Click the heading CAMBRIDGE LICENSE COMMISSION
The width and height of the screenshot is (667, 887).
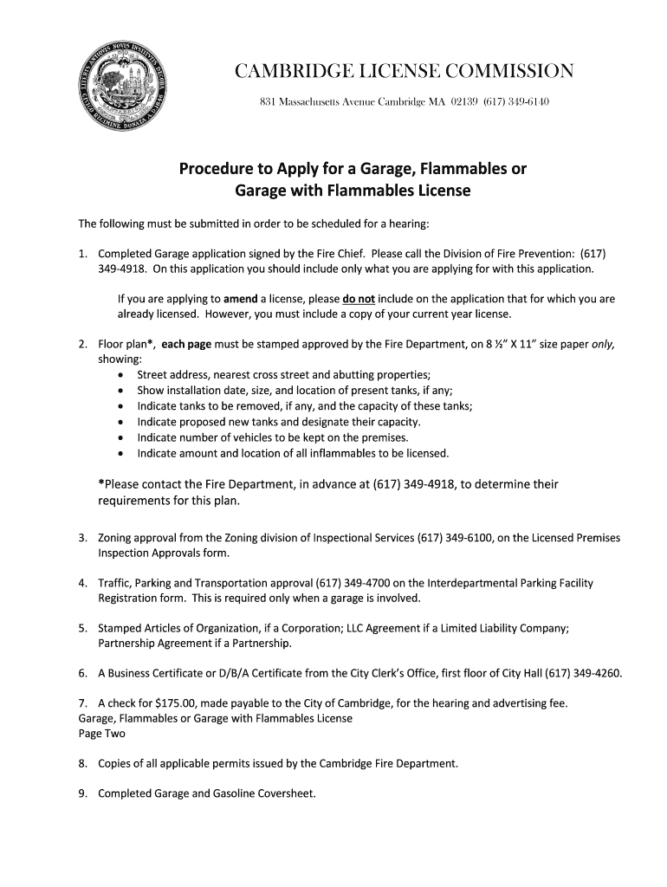coord(404,70)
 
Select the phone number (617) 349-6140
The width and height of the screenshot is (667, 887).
coord(516,102)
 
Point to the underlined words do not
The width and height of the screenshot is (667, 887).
coord(359,299)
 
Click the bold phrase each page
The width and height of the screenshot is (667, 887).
coord(187,344)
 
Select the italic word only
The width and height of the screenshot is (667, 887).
coord(603,344)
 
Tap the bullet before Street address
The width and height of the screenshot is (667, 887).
coord(120,375)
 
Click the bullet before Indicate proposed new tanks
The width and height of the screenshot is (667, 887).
coord(120,422)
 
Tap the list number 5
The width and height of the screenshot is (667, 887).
coord(82,628)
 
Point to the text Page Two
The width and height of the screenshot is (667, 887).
coord(101,734)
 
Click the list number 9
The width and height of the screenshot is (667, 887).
coord(82,793)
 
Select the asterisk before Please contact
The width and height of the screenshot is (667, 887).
coord(102,484)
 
